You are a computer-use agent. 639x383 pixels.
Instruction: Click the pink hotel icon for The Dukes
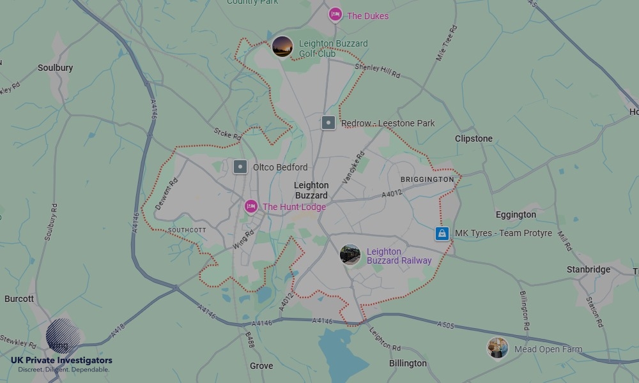pyautogui.click(x=335, y=15)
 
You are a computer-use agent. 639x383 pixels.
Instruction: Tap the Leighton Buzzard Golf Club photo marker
pyautogui.click(x=282, y=47)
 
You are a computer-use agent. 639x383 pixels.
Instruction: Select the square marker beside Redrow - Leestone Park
pyautogui.click(x=328, y=123)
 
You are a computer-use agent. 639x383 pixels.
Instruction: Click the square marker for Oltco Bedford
pyautogui.click(x=240, y=167)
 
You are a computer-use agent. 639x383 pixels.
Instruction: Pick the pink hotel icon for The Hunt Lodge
pyautogui.click(x=251, y=207)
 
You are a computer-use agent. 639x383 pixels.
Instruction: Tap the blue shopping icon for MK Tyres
pyautogui.click(x=442, y=234)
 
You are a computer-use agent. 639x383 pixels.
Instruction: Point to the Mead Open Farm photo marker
pyautogui.click(x=498, y=349)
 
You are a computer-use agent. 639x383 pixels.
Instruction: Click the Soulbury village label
pyautogui.click(x=56, y=68)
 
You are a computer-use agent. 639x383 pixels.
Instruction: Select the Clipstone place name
pyautogui.click(x=473, y=139)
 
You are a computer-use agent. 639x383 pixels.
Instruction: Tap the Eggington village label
pyautogui.click(x=516, y=214)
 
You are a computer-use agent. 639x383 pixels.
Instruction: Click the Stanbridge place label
pyautogui.click(x=589, y=269)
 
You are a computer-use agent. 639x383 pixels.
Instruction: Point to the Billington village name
pyautogui.click(x=408, y=363)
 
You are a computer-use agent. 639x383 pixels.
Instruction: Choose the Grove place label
pyautogui.click(x=261, y=366)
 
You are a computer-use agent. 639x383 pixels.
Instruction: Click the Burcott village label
pyautogui.click(x=19, y=299)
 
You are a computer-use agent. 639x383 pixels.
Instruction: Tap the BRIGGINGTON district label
pyautogui.click(x=427, y=180)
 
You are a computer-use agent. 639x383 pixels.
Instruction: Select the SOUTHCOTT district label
pyautogui.click(x=187, y=230)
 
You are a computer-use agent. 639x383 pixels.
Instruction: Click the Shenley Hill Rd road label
pyautogui.click(x=377, y=71)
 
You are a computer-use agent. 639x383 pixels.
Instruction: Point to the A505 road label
pyautogui.click(x=445, y=326)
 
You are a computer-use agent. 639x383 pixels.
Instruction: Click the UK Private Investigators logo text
pyautogui.click(x=61, y=361)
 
